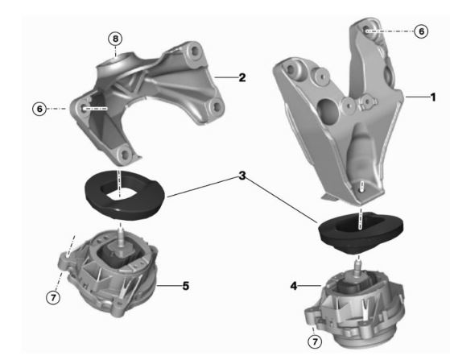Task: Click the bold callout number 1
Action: [x=432, y=97]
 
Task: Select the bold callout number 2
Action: [x=241, y=78]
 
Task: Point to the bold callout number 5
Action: [x=184, y=285]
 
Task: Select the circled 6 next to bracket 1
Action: [x=420, y=31]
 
